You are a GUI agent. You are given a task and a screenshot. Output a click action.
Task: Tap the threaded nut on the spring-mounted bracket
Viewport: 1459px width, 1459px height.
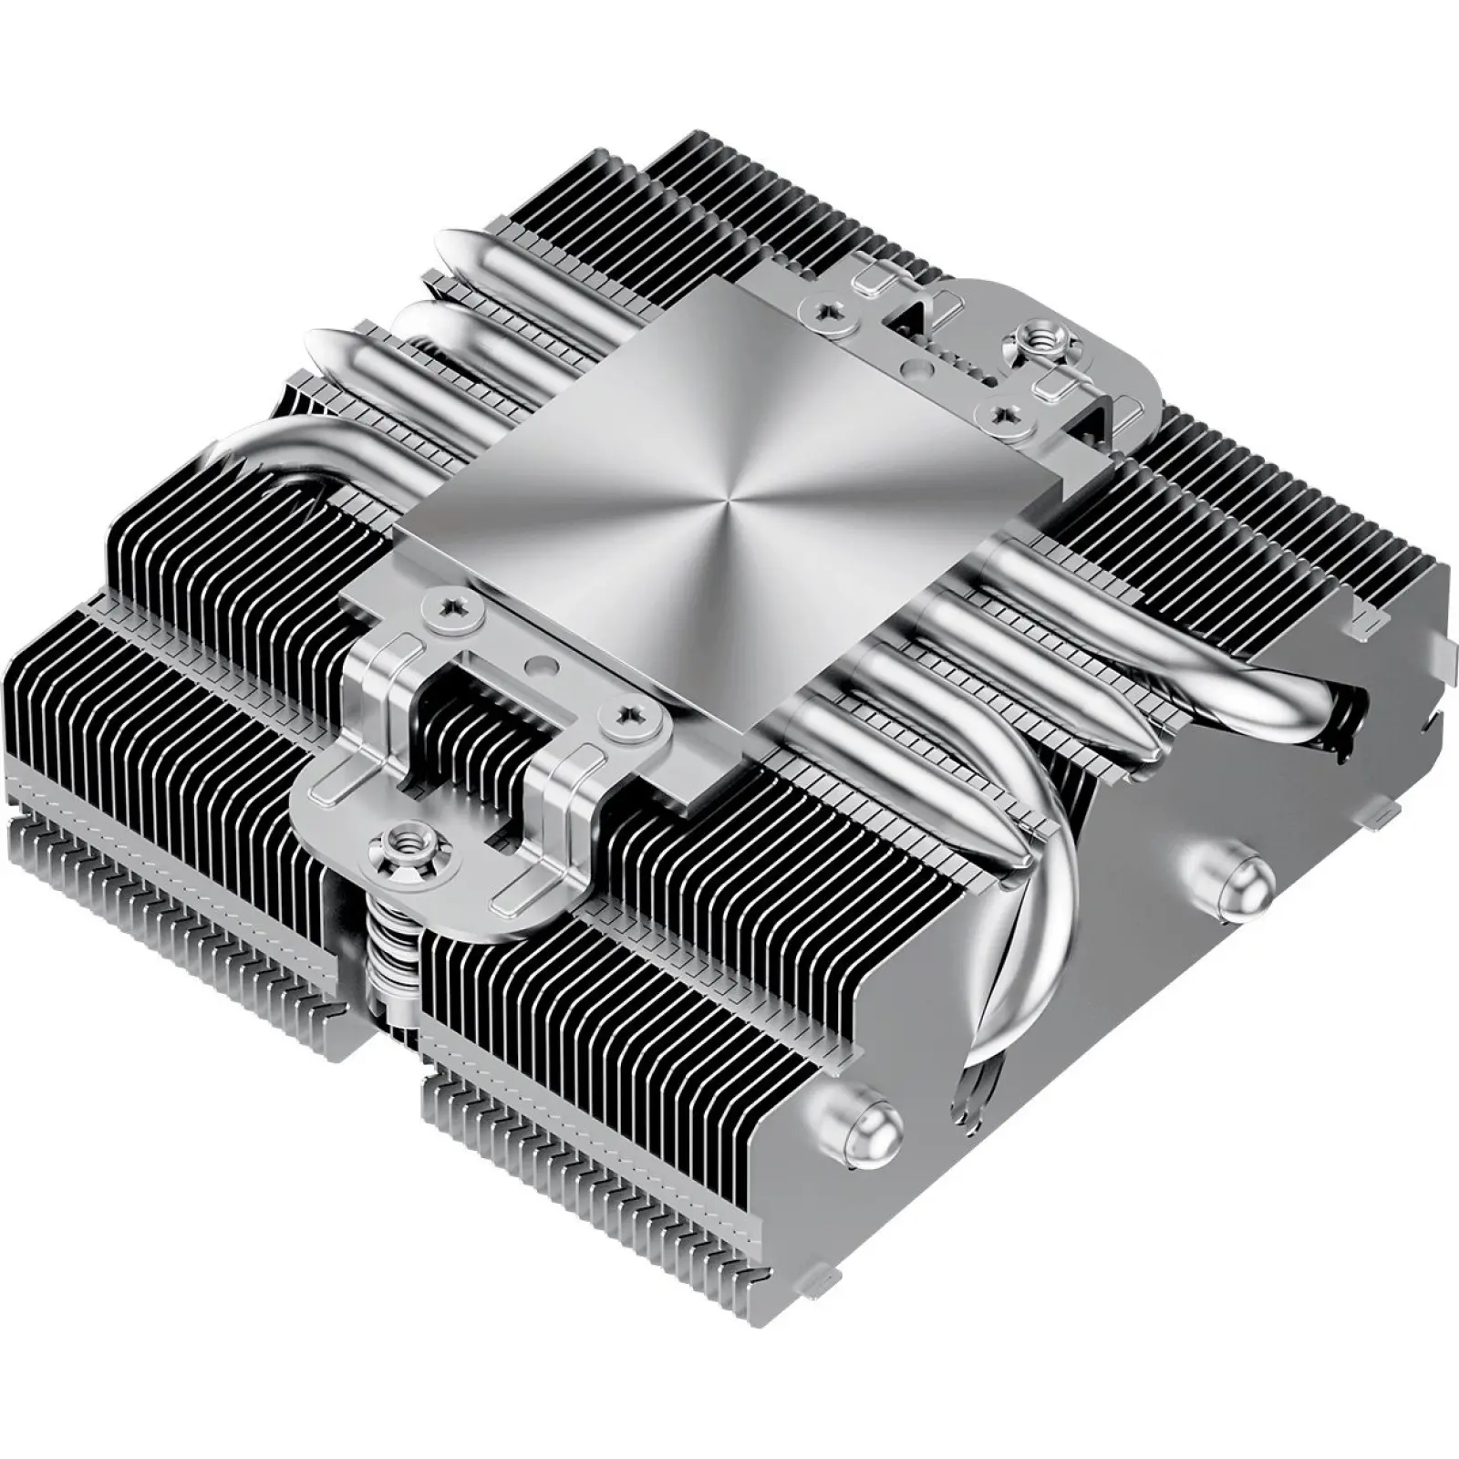[x=397, y=836]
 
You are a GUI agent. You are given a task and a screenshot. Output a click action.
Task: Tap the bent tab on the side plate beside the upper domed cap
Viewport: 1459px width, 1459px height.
[x=1377, y=812]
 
